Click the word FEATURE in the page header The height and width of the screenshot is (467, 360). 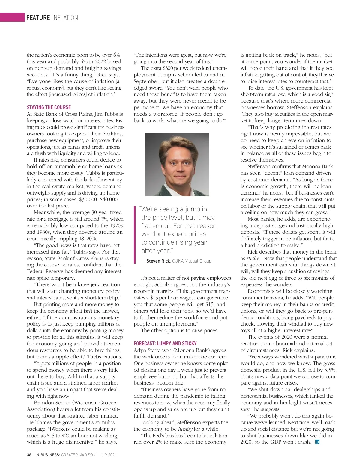pyautogui.click(x=38, y=18)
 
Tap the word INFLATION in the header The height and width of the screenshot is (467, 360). pyautogui.click(x=65, y=18)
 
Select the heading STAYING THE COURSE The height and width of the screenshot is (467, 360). pyautogui.click(x=49, y=107)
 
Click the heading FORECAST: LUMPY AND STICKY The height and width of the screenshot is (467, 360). pyautogui.click(x=165, y=344)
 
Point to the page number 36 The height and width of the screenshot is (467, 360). pyautogui.click(x=29, y=455)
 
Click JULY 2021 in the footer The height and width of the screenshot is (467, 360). pyautogui.click(x=107, y=455)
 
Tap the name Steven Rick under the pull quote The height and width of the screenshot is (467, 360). pyautogui.click(x=158, y=261)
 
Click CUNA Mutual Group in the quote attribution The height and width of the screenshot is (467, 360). pyautogui.click(x=192, y=261)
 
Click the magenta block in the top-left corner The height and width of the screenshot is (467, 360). pyautogui.click(x=12, y=17)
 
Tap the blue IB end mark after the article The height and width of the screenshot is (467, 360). pyautogui.click(x=317, y=442)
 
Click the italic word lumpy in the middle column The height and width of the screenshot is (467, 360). pyautogui.click(x=185, y=429)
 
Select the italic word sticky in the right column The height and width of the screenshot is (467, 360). pyautogui.click(x=253, y=258)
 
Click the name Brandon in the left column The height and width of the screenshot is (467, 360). pyautogui.click(x=45, y=403)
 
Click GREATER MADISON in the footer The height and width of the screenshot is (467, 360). pyautogui.click(x=78, y=455)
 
